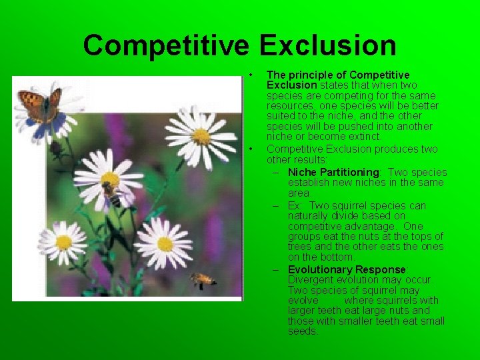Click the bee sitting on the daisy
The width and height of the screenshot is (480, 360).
(111, 194)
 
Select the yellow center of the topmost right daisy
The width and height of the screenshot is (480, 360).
(201, 136)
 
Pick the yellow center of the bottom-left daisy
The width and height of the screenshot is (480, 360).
(63, 242)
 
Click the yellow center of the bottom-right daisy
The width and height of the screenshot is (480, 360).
(165, 244)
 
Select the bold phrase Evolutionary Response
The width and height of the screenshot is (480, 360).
(347, 269)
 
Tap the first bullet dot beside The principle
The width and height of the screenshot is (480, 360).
(250, 75)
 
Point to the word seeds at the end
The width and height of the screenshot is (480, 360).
(303, 331)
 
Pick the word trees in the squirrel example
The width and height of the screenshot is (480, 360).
(301, 247)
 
